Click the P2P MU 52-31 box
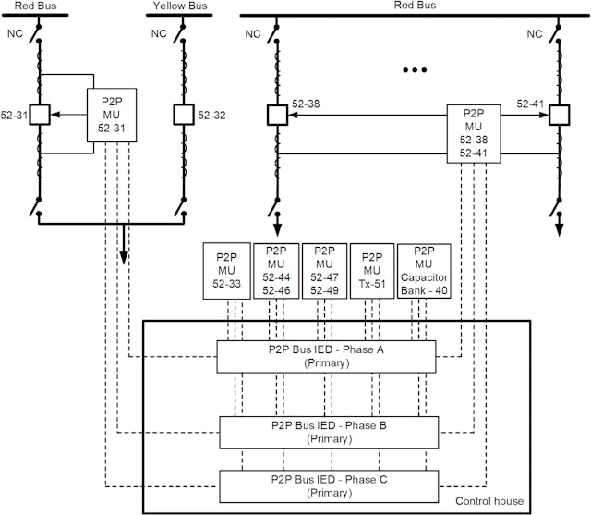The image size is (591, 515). tap(113, 116)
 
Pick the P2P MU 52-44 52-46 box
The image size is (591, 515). tap(275, 272)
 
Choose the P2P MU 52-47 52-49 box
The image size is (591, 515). tap(324, 272)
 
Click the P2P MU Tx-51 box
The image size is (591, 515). tap(372, 272)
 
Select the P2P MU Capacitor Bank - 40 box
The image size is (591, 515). tap(424, 272)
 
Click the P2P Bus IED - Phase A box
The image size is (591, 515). tap(325, 356)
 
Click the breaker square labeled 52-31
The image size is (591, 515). tap(40, 116)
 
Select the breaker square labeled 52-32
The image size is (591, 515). tap(182, 116)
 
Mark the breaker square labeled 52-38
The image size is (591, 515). tap(276, 116)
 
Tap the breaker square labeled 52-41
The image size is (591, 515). tap(558, 116)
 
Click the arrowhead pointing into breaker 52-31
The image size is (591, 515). tap(54, 116)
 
